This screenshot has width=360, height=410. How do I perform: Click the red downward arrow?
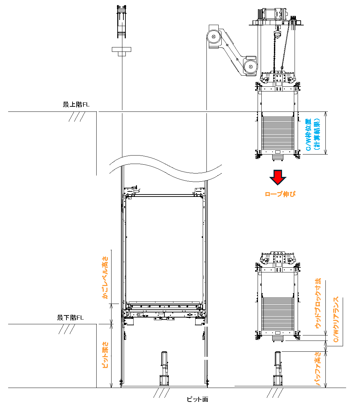tap(278, 177)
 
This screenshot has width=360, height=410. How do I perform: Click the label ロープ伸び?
tap(280, 194)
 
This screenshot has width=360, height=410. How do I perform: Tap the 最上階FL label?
tap(76, 104)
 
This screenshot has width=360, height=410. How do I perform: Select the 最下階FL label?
tap(70, 317)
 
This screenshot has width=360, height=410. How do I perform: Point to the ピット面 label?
tap(197, 399)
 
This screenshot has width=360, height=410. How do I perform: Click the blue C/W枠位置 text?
tap(308, 135)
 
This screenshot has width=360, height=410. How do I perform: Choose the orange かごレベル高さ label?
tap(105, 278)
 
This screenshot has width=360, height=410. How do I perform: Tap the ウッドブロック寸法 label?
tap(318, 303)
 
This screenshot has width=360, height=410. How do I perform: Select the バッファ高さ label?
tap(318, 369)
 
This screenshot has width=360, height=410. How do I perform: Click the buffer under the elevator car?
tap(164, 369)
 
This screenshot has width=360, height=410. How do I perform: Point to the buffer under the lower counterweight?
tap(278, 369)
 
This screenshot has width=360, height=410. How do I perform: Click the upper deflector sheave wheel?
tap(214, 37)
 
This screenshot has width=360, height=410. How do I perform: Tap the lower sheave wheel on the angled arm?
tap(251, 66)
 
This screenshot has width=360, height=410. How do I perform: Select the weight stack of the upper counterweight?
tap(278, 133)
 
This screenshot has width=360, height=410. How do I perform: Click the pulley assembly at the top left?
tap(121, 21)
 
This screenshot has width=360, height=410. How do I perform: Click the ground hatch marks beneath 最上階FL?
tap(77, 117)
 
